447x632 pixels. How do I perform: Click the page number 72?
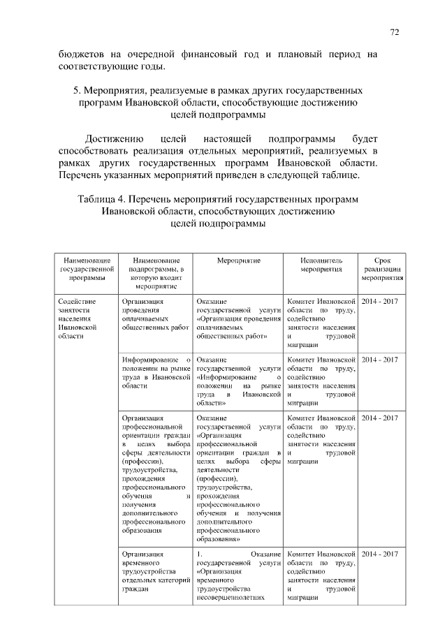(395, 32)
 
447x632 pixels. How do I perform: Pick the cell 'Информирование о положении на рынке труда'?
(156, 372)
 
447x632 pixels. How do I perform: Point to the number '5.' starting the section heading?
(78, 91)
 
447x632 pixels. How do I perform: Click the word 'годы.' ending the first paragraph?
(153, 67)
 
